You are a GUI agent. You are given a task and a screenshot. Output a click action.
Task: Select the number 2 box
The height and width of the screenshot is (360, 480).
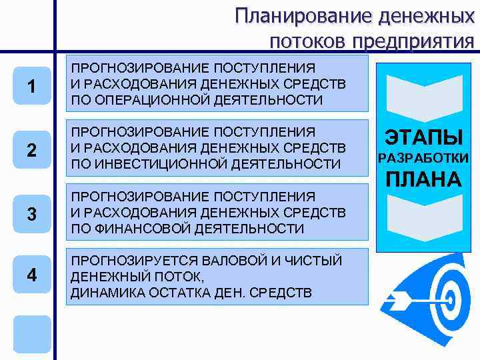[x=32, y=150]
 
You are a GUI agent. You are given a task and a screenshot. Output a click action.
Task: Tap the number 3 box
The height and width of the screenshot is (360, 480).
[x=32, y=214]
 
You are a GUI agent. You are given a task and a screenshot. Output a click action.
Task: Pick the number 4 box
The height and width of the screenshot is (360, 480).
[x=32, y=275]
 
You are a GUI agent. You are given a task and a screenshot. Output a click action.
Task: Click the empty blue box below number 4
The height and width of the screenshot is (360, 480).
[x=32, y=333]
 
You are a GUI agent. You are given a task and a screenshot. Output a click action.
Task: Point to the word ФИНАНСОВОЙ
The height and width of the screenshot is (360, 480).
[x=136, y=229]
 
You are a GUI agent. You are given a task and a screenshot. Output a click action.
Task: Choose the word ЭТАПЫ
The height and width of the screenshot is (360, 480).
[x=424, y=138]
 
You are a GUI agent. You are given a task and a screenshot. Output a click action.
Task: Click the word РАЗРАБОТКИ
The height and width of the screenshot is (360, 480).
[x=424, y=158]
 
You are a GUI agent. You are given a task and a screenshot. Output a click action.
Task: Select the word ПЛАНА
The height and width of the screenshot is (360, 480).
[x=424, y=179]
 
